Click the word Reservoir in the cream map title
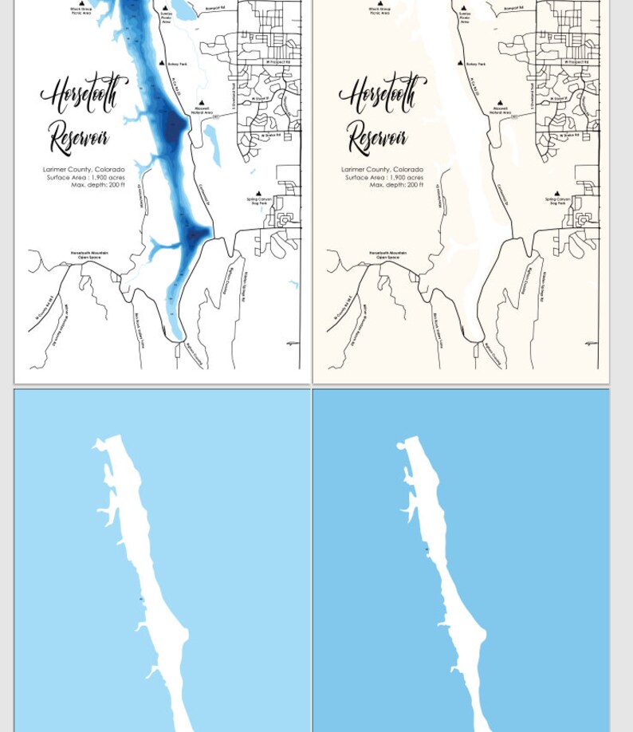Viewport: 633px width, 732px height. pyautogui.click(x=376, y=137)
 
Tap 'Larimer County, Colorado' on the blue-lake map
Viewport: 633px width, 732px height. pyautogui.click(x=84, y=170)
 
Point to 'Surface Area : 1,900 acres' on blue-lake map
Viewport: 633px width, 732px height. pyautogui.click(x=85, y=177)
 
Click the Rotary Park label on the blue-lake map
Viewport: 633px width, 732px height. pyautogui.click(x=177, y=64)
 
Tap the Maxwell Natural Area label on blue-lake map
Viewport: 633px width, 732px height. pyautogui.click(x=202, y=111)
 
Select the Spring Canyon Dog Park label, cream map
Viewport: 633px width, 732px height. pyautogui.click(x=557, y=201)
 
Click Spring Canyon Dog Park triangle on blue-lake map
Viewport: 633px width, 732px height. pyautogui.click(x=258, y=192)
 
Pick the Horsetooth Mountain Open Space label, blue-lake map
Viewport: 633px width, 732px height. pyautogui.click(x=89, y=255)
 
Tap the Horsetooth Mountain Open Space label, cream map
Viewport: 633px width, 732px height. pyautogui.click(x=387, y=255)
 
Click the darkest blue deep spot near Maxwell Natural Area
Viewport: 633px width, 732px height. pyautogui.click(x=175, y=124)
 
